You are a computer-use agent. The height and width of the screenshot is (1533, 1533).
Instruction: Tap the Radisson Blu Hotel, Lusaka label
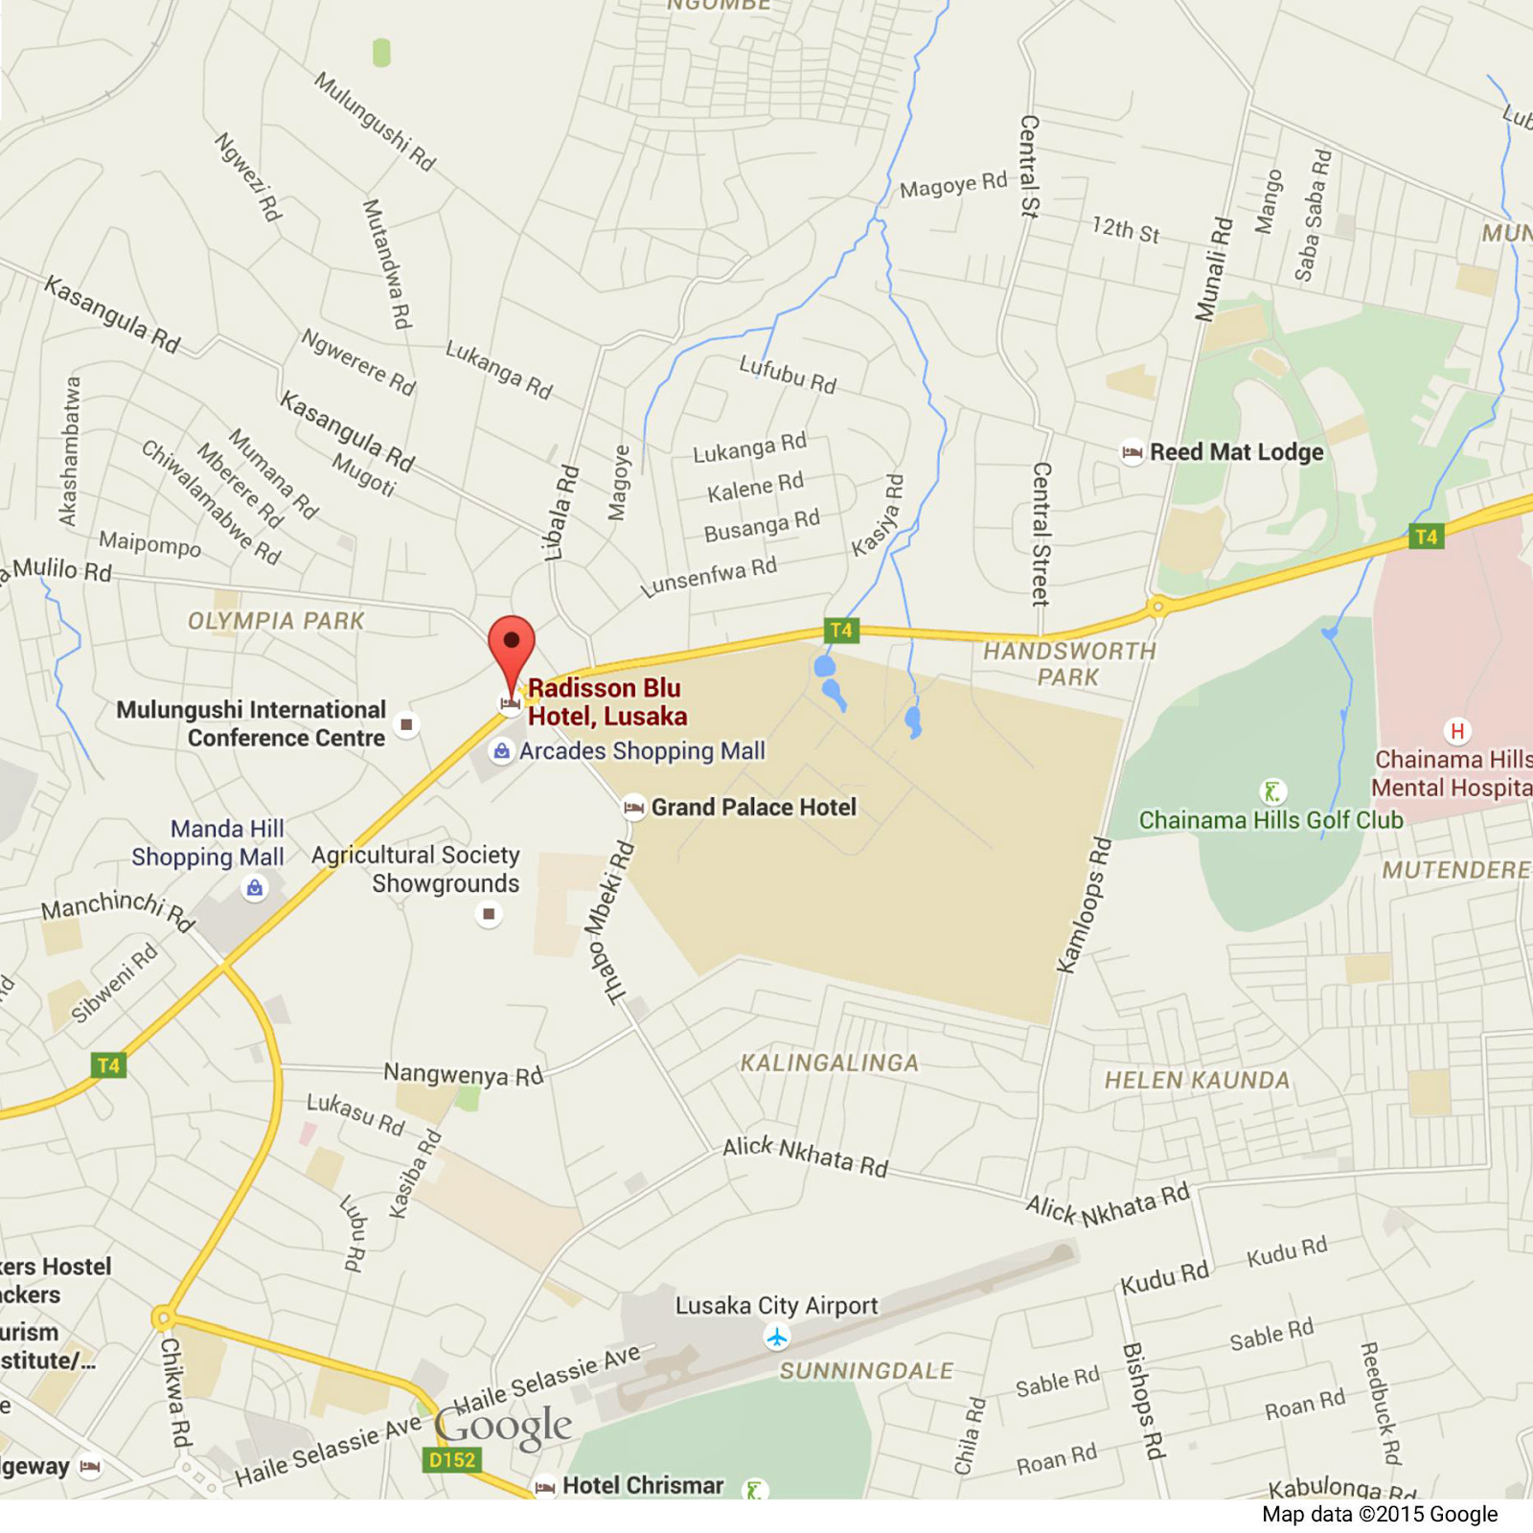pyautogui.click(x=606, y=702)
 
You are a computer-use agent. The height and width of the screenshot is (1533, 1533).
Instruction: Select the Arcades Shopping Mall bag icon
pyautogui.click(x=501, y=751)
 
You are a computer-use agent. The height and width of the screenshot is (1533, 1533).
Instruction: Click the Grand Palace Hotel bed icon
pyautogui.click(x=633, y=808)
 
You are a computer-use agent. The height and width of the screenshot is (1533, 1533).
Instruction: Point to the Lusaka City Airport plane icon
pyautogui.click(x=777, y=1336)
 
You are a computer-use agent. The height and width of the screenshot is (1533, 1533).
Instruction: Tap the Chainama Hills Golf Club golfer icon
pyautogui.click(x=1272, y=791)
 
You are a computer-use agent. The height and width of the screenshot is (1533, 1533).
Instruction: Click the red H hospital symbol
pyautogui.click(x=1456, y=732)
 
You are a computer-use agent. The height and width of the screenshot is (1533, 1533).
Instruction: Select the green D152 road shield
pyautogui.click(x=451, y=1460)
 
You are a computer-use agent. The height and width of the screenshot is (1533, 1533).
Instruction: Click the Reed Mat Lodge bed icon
pyautogui.click(x=1132, y=452)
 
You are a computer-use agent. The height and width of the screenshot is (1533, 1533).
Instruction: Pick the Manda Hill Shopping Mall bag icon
pyautogui.click(x=254, y=888)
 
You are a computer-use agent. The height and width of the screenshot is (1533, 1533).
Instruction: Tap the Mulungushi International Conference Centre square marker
pyautogui.click(x=407, y=724)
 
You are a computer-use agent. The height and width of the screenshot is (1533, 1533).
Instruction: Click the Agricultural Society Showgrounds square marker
pyautogui.click(x=489, y=914)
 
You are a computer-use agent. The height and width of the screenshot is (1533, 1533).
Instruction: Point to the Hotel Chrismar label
pyautogui.click(x=642, y=1485)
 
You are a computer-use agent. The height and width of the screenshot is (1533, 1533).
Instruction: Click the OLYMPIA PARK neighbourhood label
pyautogui.click(x=276, y=621)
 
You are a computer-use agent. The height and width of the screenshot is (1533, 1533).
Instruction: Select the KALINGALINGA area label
pyautogui.click(x=829, y=1063)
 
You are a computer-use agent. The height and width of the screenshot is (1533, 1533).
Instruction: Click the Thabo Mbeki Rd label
pyautogui.click(x=608, y=923)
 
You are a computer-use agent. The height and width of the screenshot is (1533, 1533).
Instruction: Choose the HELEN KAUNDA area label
pyautogui.click(x=1197, y=1080)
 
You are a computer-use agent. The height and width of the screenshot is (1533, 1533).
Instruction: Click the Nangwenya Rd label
pyautogui.click(x=463, y=1074)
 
